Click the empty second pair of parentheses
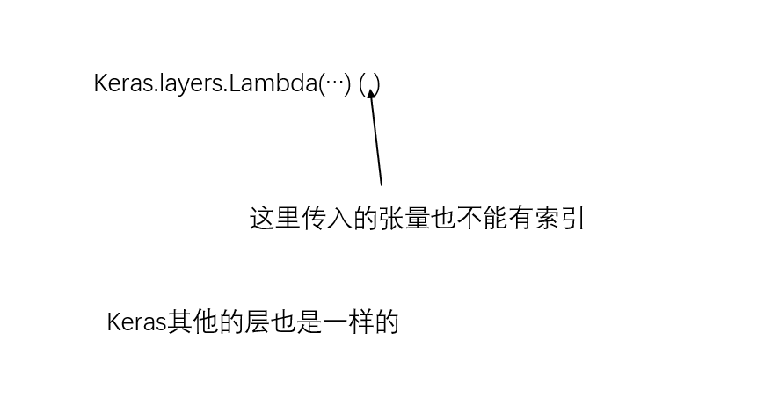pyautogui.click(x=369, y=84)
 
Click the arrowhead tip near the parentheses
pyautogui.click(x=371, y=90)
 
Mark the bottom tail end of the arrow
pyautogui.click(x=382, y=184)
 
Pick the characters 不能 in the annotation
pyautogui.click(x=482, y=218)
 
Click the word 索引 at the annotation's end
pyautogui.click(x=560, y=218)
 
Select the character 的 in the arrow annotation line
pyautogui.click(x=366, y=218)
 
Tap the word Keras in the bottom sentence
pyautogui.click(x=136, y=322)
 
